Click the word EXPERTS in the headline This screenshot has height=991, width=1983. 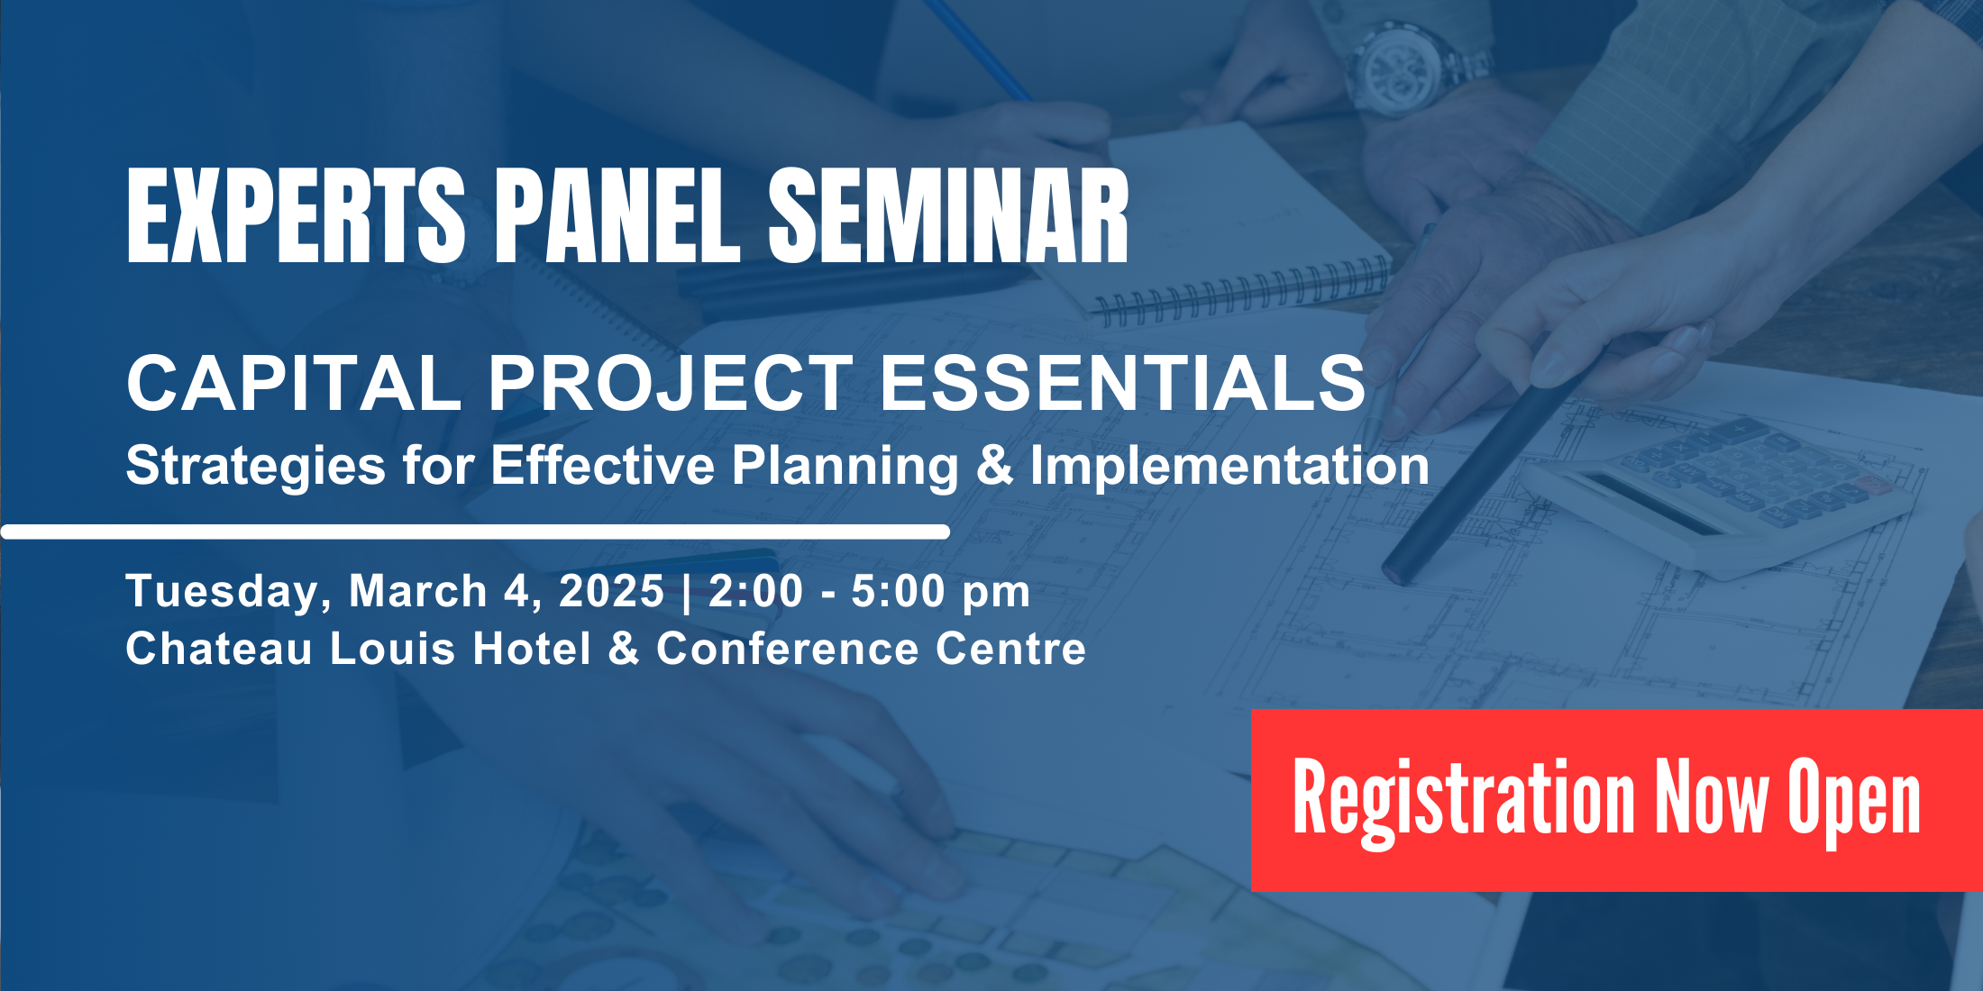point(296,216)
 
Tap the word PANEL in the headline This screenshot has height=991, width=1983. point(617,216)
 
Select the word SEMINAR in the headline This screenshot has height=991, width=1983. point(948,216)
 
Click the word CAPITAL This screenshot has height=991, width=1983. point(294,383)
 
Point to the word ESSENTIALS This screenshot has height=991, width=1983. point(1122,383)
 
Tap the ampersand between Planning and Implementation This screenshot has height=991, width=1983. point(994,465)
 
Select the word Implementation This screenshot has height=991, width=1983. point(1229,465)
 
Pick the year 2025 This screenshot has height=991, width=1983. point(611,592)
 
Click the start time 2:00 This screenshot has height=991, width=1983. point(755,592)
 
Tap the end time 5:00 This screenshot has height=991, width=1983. point(899,592)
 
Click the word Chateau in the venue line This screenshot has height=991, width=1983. point(219,649)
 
